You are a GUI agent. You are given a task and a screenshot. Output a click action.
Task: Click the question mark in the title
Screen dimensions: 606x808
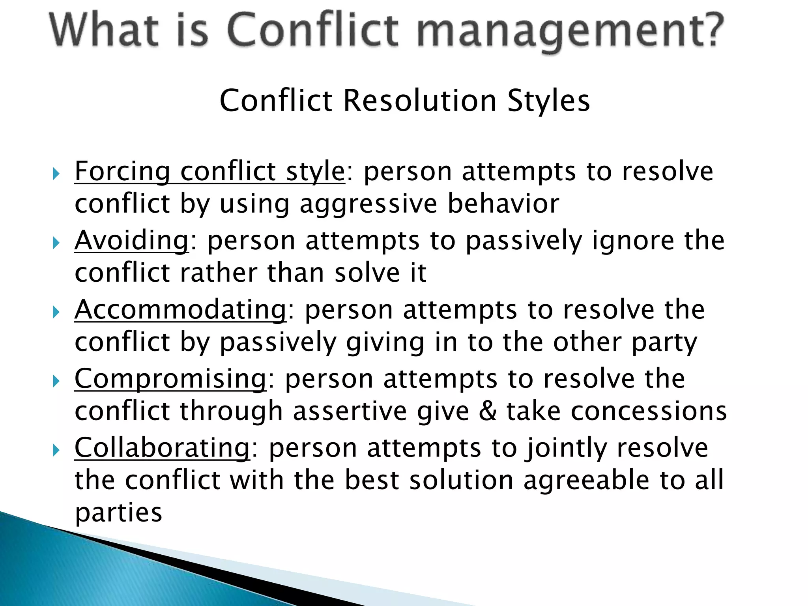708,30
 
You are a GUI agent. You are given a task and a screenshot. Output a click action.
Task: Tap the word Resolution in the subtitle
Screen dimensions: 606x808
420,101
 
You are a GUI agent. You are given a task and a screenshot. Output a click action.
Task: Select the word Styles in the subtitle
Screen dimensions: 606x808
548,101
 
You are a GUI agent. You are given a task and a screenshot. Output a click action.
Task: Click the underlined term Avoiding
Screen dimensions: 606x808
132,240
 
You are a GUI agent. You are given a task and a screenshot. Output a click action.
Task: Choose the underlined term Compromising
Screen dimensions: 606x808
170,379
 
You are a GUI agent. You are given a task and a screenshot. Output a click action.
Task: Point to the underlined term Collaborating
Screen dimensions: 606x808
162,448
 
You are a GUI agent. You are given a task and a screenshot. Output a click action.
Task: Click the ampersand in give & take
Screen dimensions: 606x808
488,411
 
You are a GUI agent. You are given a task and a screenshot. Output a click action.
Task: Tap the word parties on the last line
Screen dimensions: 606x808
118,513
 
